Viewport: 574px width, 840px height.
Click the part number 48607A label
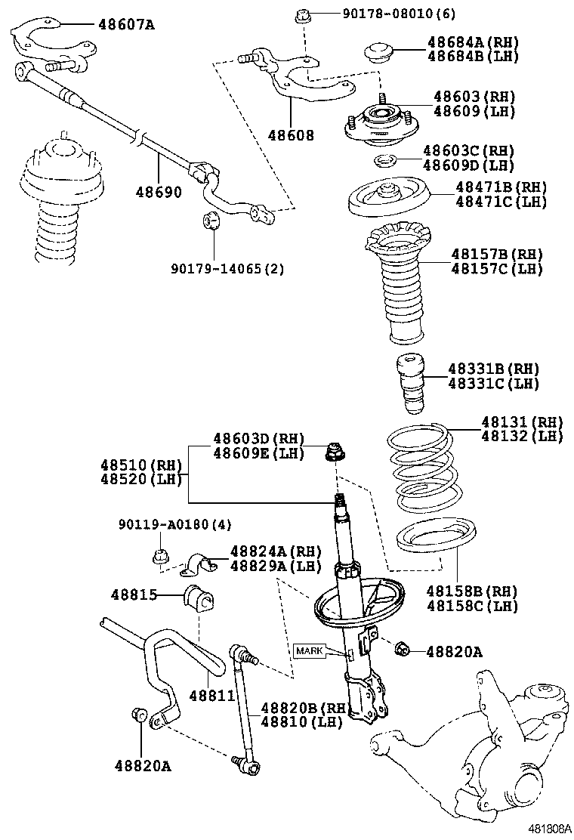(x=125, y=24)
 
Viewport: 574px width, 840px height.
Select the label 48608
(x=290, y=135)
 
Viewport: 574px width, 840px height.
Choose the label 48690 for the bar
(x=159, y=192)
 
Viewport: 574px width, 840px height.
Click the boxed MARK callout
(x=309, y=651)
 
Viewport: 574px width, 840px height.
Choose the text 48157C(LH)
(x=497, y=269)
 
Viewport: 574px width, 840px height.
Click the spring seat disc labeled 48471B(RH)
(x=389, y=198)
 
